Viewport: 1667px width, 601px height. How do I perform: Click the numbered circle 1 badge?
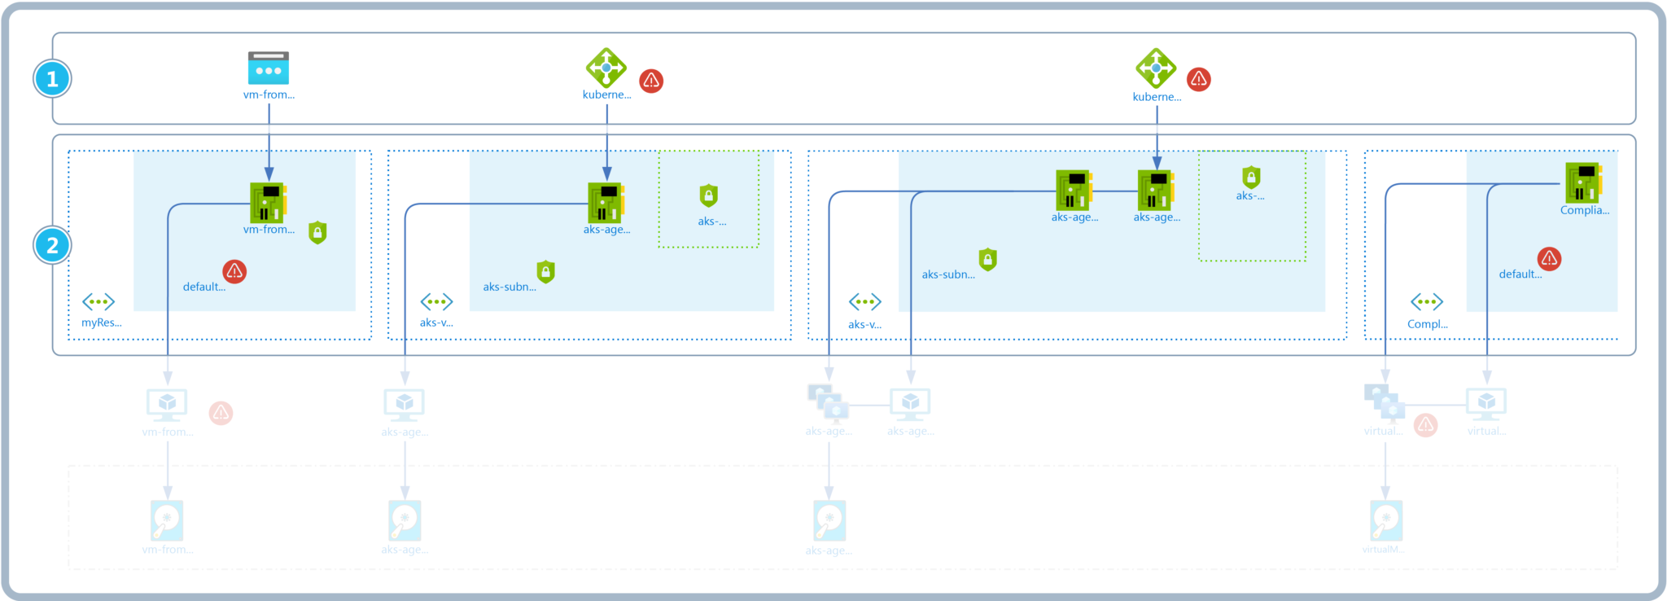52,79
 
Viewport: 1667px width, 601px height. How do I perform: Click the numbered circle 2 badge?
52,245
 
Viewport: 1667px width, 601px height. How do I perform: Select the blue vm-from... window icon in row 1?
269,68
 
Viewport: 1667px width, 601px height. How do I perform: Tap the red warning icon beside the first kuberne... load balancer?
651,81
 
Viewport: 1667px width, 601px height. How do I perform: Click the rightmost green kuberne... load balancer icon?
1156,68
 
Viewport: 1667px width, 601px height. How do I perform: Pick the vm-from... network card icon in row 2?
268,202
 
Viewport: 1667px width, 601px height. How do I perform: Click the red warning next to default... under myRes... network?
234,271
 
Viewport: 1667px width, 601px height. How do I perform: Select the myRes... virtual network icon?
98,302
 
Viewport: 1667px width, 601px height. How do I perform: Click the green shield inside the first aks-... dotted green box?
709,195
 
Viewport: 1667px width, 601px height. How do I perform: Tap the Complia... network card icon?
1583,182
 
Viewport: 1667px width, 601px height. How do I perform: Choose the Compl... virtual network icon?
1426,303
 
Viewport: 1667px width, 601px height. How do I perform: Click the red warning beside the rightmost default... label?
1549,259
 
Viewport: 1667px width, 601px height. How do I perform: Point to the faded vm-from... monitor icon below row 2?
167,403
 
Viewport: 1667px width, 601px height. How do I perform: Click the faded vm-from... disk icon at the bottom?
167,520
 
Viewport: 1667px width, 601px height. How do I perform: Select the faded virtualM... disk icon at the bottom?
1385,520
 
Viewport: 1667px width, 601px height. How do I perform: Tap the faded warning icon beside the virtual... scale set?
1425,425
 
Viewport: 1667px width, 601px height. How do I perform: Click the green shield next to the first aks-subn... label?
546,271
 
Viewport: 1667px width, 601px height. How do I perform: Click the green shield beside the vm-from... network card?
317,233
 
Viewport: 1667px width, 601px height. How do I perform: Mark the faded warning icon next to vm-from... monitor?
221,414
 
